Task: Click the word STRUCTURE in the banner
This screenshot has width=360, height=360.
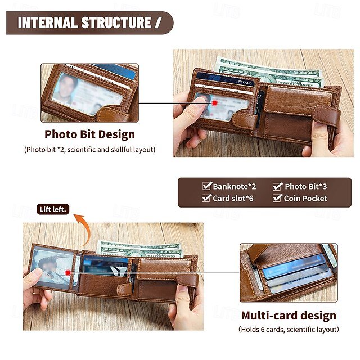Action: point(116,22)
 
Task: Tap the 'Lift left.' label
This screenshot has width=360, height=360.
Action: point(53,209)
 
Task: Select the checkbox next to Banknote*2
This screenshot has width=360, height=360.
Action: point(207,186)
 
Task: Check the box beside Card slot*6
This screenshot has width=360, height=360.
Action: point(206,197)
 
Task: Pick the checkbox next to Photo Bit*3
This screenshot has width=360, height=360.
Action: point(277,186)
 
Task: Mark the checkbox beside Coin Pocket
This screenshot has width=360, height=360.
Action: point(277,197)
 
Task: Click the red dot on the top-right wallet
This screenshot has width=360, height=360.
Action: point(215,103)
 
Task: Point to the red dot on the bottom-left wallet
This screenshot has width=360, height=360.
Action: point(67,273)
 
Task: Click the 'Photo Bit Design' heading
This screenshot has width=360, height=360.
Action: point(89,134)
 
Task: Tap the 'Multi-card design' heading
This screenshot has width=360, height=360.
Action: point(289,316)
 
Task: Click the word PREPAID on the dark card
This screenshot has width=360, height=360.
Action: point(245,82)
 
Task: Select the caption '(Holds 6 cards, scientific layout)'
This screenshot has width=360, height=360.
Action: point(289,330)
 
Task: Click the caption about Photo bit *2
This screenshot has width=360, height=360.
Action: point(89,150)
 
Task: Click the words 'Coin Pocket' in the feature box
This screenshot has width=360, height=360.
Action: point(305,198)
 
